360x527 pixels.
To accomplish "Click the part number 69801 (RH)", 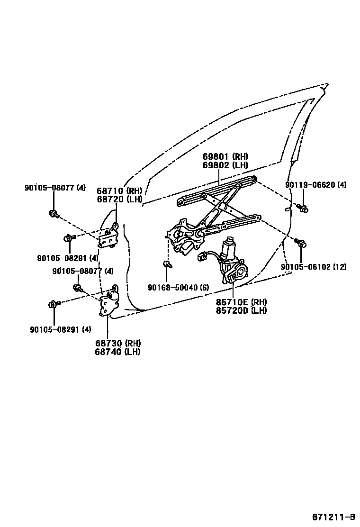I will click(x=225, y=157).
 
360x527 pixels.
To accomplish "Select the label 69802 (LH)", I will click(x=225, y=165).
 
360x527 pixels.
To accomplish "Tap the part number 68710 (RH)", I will click(x=119, y=191).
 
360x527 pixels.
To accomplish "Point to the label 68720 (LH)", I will click(x=119, y=199).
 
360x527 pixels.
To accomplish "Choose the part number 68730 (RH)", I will click(x=117, y=343).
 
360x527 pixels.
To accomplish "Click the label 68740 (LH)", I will click(x=117, y=352).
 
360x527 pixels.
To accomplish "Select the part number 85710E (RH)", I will click(x=241, y=302).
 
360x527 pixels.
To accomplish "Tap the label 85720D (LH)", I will click(x=241, y=310).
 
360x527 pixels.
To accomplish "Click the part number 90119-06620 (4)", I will click(x=316, y=185).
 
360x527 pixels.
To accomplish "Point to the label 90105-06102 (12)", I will click(x=313, y=267).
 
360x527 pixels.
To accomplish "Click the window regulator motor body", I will click(x=232, y=251).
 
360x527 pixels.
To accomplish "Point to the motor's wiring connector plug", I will click(x=201, y=257).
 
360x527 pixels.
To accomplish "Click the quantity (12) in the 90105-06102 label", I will click(x=339, y=267).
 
